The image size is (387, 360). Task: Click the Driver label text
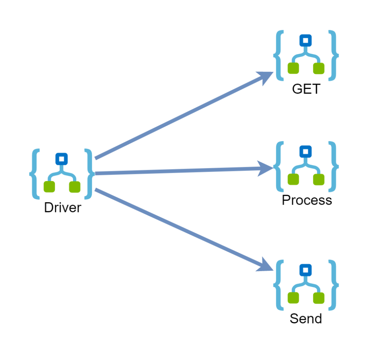[62, 208]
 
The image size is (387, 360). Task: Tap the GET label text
[306, 89]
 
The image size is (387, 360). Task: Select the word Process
[307, 200]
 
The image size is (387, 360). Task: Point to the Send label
[306, 318]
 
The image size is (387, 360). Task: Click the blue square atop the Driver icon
[62, 158]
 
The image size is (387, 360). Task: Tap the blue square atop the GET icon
[305, 40]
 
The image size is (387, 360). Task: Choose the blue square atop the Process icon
[305, 152]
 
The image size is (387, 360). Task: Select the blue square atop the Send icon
[305, 270]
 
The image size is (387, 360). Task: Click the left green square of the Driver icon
[50, 187]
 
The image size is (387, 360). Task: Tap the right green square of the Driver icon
[75, 187]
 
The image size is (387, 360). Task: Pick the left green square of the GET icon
[293, 68]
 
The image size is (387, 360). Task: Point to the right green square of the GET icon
[319, 68]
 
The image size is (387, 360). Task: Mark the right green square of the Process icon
[319, 180]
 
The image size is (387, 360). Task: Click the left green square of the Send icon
[293, 298]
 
